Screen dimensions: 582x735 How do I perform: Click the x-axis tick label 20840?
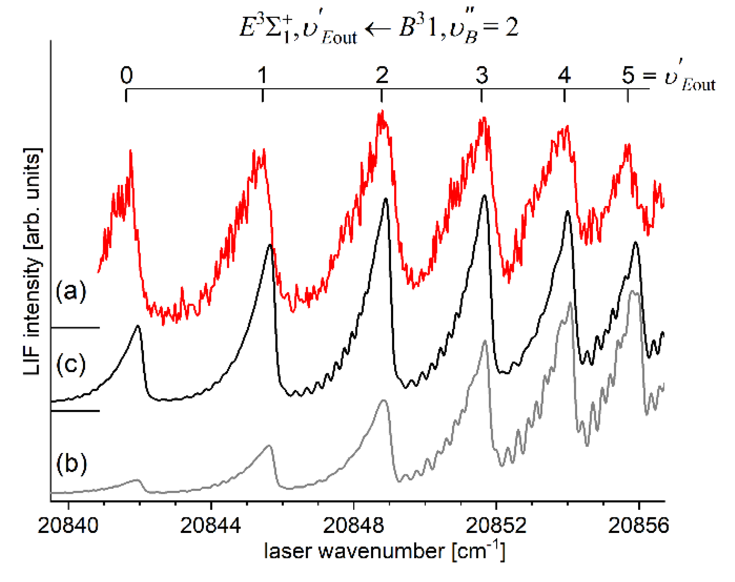(x=68, y=526)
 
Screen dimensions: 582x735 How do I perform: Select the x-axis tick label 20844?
(x=210, y=526)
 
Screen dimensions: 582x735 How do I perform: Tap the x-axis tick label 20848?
(x=353, y=526)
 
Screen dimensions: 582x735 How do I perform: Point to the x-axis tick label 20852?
(x=496, y=526)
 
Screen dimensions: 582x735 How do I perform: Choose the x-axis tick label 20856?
(x=638, y=526)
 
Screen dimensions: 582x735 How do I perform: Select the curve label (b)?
(x=72, y=463)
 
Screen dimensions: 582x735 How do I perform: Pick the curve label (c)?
(x=71, y=364)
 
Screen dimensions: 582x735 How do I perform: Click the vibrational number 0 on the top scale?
(x=127, y=75)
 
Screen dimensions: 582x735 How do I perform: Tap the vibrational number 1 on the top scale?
(x=262, y=75)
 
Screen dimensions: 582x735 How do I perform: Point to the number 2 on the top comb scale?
(x=382, y=75)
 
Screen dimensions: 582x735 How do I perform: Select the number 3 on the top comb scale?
(x=481, y=75)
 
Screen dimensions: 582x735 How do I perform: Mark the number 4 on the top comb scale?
(x=564, y=75)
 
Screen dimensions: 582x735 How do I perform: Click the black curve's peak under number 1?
(x=270, y=245)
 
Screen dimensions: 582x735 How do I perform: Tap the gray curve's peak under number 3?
(x=485, y=341)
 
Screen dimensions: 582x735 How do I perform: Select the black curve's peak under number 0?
(x=137, y=327)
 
